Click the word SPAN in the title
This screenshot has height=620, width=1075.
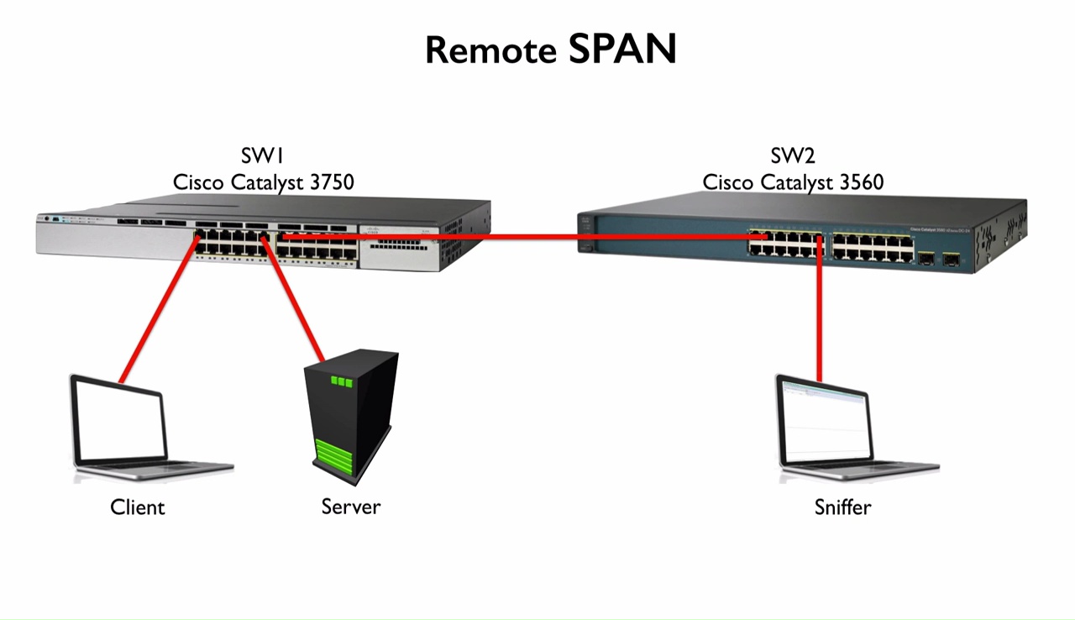622,50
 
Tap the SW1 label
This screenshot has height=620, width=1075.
263,156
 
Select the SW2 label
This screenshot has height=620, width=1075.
793,156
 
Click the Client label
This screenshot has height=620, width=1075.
138,507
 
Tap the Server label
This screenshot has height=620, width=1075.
350,507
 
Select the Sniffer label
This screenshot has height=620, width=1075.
842,507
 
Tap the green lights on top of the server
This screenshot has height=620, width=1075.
342,381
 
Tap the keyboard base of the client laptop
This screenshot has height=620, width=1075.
155,469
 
